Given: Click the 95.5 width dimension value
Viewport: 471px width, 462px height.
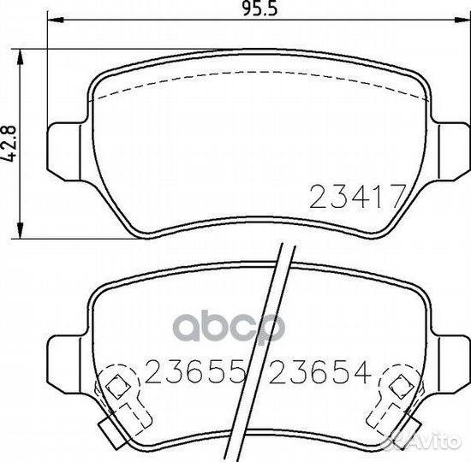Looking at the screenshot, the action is click(259, 9).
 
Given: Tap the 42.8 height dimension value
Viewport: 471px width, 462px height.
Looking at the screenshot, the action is click(10, 144).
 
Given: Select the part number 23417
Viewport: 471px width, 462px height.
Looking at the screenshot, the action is click(357, 196).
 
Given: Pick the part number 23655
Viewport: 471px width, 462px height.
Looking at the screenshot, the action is click(194, 372).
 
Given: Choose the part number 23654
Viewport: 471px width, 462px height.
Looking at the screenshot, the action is click(320, 372).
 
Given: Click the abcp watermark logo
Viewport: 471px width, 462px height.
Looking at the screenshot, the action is click(229, 327).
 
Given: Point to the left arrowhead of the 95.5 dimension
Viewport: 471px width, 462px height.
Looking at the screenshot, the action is click(56, 21).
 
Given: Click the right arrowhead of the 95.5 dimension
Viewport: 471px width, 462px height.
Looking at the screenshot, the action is click(462, 21).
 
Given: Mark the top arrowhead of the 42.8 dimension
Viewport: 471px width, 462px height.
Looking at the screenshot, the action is click(21, 57).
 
